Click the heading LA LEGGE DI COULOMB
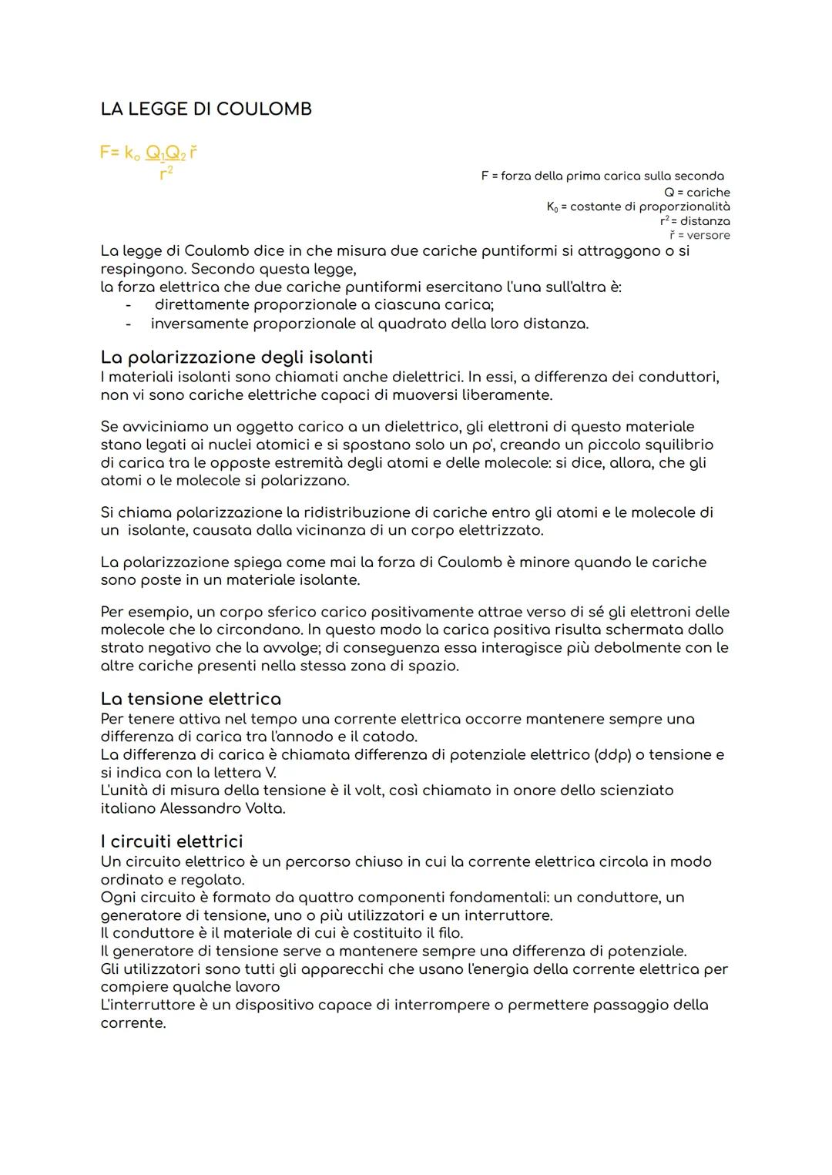tap(206, 109)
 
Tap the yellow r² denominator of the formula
tap(166, 174)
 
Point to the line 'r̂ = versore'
tap(699, 235)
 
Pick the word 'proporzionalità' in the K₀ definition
tap(685, 206)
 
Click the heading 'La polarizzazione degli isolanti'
tap(237, 358)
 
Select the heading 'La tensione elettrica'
tap(190, 699)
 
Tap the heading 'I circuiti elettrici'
tap(171, 841)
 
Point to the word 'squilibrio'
tap(676, 445)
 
